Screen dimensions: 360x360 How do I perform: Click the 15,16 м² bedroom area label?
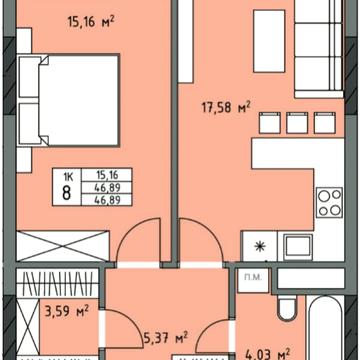point(91,22)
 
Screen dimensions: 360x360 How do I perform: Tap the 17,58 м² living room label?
point(226,108)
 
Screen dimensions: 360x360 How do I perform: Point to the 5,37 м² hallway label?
point(166,338)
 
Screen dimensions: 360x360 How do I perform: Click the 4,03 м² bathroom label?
point(268,353)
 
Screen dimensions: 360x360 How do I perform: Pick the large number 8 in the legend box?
point(67,193)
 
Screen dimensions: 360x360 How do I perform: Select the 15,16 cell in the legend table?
point(107,174)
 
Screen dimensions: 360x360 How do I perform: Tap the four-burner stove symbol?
point(329,202)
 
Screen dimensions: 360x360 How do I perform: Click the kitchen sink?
point(298,247)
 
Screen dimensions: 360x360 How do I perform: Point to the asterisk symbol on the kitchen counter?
point(259,247)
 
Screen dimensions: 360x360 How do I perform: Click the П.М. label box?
point(253,281)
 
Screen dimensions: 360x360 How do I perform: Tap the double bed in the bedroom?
point(69,100)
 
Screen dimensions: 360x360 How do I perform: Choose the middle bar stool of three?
point(297,123)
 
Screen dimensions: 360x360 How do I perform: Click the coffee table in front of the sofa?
point(269,41)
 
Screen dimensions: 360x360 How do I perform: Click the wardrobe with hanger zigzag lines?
point(57,283)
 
